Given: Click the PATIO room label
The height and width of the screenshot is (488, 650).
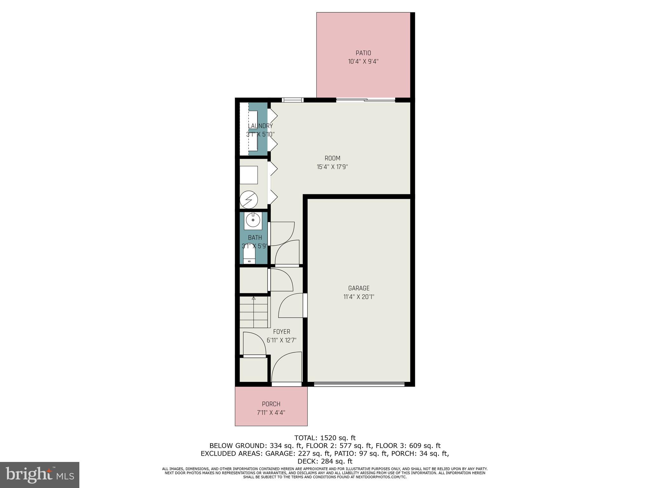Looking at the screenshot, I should [363, 53].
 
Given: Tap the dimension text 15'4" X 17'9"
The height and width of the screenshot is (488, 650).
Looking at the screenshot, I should [332, 167].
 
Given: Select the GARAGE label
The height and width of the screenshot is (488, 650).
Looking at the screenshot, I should [359, 288].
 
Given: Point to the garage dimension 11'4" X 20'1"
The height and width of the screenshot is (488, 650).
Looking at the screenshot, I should [359, 297].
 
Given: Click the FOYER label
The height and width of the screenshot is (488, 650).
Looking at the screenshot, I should [282, 332].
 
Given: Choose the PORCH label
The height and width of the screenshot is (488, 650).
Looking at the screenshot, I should [271, 404].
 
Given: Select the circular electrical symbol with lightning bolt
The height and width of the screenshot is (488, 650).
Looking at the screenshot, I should [249, 200].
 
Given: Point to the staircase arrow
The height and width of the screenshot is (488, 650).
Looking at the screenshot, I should [254, 298].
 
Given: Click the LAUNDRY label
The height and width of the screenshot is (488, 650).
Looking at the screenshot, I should [260, 126].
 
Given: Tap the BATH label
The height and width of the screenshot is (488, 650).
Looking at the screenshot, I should [255, 238].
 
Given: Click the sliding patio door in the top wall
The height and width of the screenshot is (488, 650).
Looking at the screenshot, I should [366, 100].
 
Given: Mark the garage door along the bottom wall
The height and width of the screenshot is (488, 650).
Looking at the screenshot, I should [359, 384].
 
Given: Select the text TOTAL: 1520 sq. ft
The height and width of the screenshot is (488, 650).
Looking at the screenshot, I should [325, 438].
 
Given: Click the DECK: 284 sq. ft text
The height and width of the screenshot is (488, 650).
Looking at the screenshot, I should [325, 461].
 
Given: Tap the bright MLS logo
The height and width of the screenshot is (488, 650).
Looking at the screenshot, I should [40, 475].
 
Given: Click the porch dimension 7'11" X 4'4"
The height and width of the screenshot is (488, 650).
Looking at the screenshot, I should [271, 413].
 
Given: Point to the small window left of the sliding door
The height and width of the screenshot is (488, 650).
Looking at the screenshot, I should [293, 100].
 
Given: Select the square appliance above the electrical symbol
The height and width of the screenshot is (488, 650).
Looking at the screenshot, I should [249, 175].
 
